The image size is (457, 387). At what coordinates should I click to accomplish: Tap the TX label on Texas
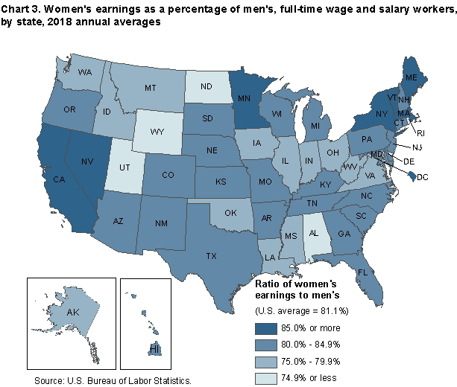coord(211,255)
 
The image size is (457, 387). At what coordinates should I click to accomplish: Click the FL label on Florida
coord(364,272)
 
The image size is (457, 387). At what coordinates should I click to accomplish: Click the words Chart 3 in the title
coord(21,8)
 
